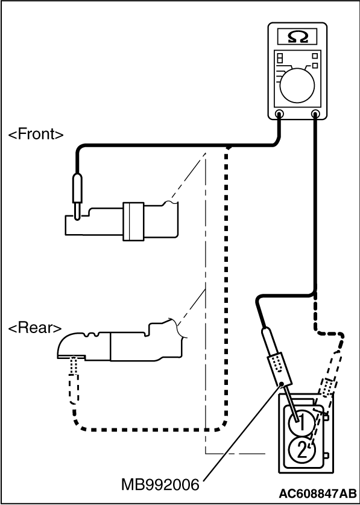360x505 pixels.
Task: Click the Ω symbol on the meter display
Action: (x=297, y=37)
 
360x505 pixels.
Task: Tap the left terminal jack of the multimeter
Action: (x=279, y=113)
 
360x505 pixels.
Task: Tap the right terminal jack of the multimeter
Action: (x=315, y=113)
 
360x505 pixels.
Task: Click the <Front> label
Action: (x=36, y=135)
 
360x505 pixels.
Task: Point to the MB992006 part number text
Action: (x=161, y=484)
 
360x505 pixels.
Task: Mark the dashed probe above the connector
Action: (x=326, y=386)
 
